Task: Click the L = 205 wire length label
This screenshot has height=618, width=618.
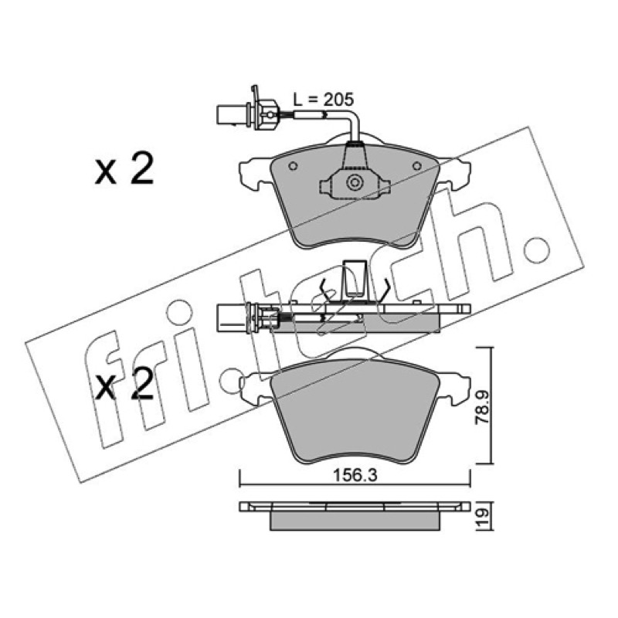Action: (x=324, y=100)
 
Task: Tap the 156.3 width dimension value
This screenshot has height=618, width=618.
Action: (x=355, y=475)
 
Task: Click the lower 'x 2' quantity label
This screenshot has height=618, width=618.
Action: (x=124, y=384)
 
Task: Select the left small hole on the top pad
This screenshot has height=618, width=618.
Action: (x=293, y=166)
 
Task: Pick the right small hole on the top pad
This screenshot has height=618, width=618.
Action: (x=417, y=166)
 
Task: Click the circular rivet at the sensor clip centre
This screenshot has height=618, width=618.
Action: (x=355, y=183)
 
